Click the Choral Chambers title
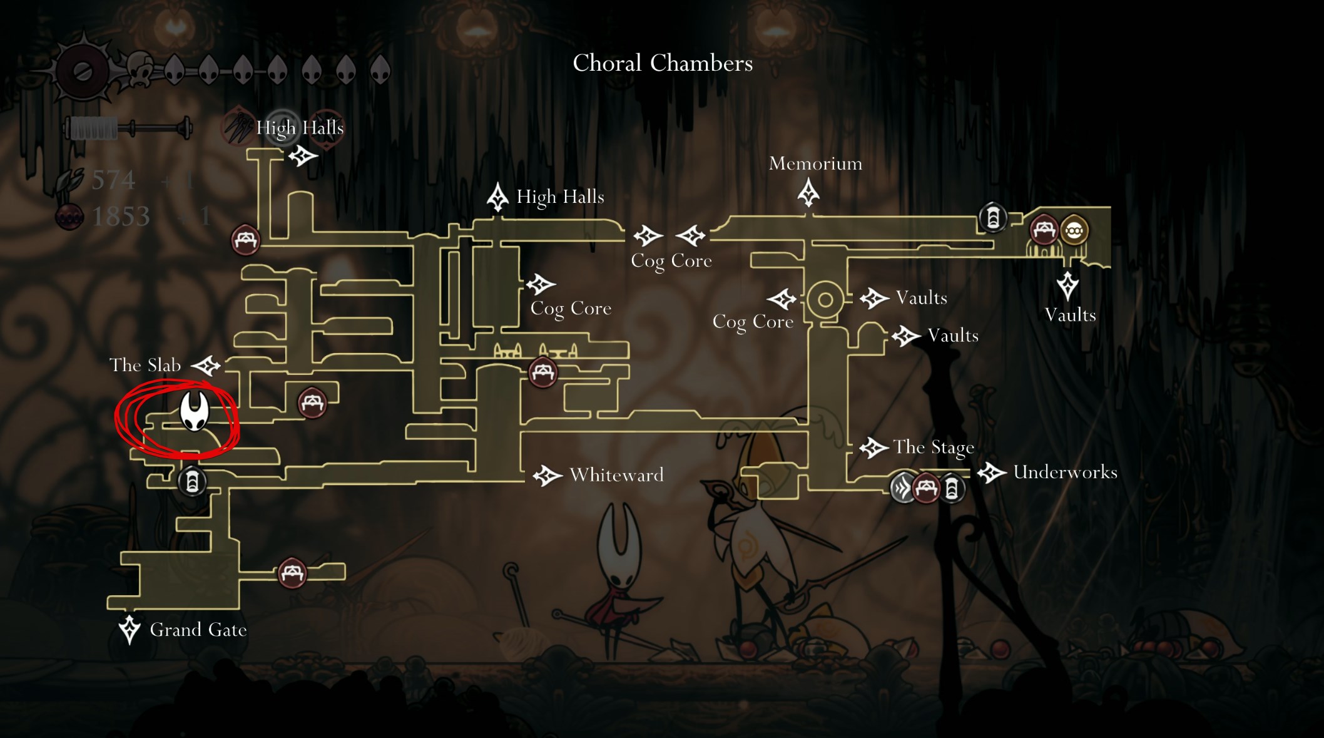point(663,63)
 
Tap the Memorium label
point(815,163)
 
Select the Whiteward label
point(616,475)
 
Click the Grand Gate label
point(198,630)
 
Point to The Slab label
point(145,365)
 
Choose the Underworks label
point(1065,472)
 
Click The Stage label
point(934,447)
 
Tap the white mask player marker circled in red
point(194,411)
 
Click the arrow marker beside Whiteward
point(547,476)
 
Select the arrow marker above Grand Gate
point(130,629)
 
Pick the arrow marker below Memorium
point(808,193)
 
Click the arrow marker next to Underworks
point(991,473)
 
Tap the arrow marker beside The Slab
point(206,366)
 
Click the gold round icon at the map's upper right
point(1074,230)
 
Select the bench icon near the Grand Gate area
point(292,572)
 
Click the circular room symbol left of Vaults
point(825,300)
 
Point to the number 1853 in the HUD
point(121,217)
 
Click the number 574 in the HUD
point(113,180)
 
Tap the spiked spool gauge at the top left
point(83,71)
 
